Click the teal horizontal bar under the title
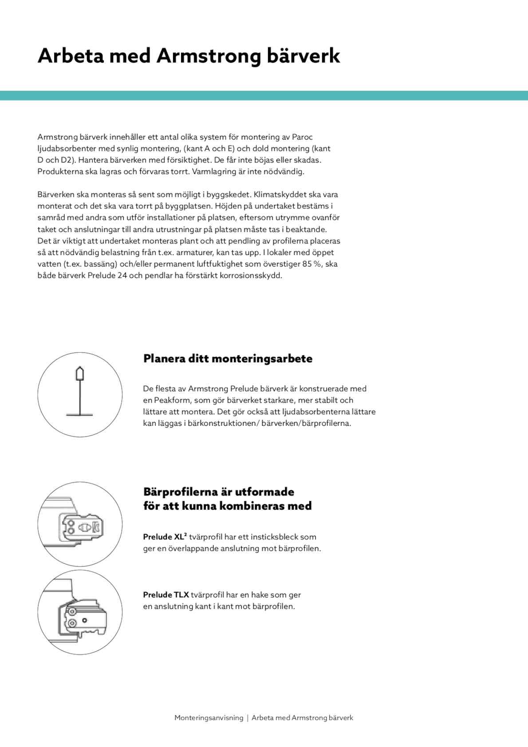264,95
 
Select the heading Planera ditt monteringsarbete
228,358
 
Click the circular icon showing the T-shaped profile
80,394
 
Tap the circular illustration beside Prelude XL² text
80,524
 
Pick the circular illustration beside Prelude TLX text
80,612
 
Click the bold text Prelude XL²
165,537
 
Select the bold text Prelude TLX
166,595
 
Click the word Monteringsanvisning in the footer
209,718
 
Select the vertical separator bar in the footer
248,718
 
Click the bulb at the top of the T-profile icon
80,374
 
